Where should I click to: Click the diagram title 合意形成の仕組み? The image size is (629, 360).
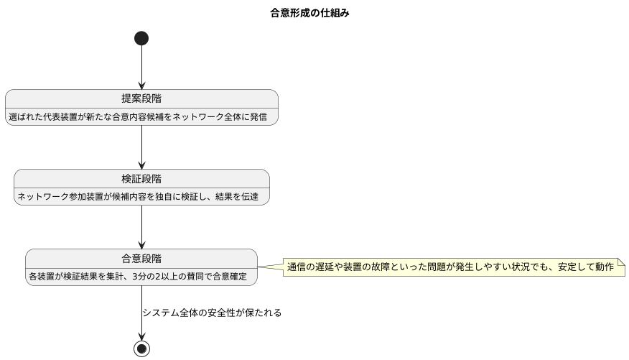click(309, 13)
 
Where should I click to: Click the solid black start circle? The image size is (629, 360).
click(141, 38)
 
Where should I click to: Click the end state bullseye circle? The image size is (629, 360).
click(141, 349)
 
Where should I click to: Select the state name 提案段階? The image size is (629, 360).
click(141, 99)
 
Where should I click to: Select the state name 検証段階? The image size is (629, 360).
click(141, 179)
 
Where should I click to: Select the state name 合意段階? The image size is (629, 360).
click(141, 259)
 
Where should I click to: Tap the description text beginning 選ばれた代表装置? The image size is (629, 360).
click(141, 116)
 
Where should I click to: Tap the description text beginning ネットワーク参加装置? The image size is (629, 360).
click(141, 196)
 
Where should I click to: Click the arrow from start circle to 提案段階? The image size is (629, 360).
click(141, 68)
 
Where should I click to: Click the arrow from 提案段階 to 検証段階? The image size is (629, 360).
click(141, 147)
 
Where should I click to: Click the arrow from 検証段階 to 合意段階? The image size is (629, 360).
click(141, 227)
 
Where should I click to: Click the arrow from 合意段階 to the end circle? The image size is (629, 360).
click(141, 313)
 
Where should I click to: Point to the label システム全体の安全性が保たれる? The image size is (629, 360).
click(212, 313)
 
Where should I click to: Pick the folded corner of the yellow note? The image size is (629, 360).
click(621, 262)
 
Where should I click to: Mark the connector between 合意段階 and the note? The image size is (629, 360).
click(271, 267)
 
